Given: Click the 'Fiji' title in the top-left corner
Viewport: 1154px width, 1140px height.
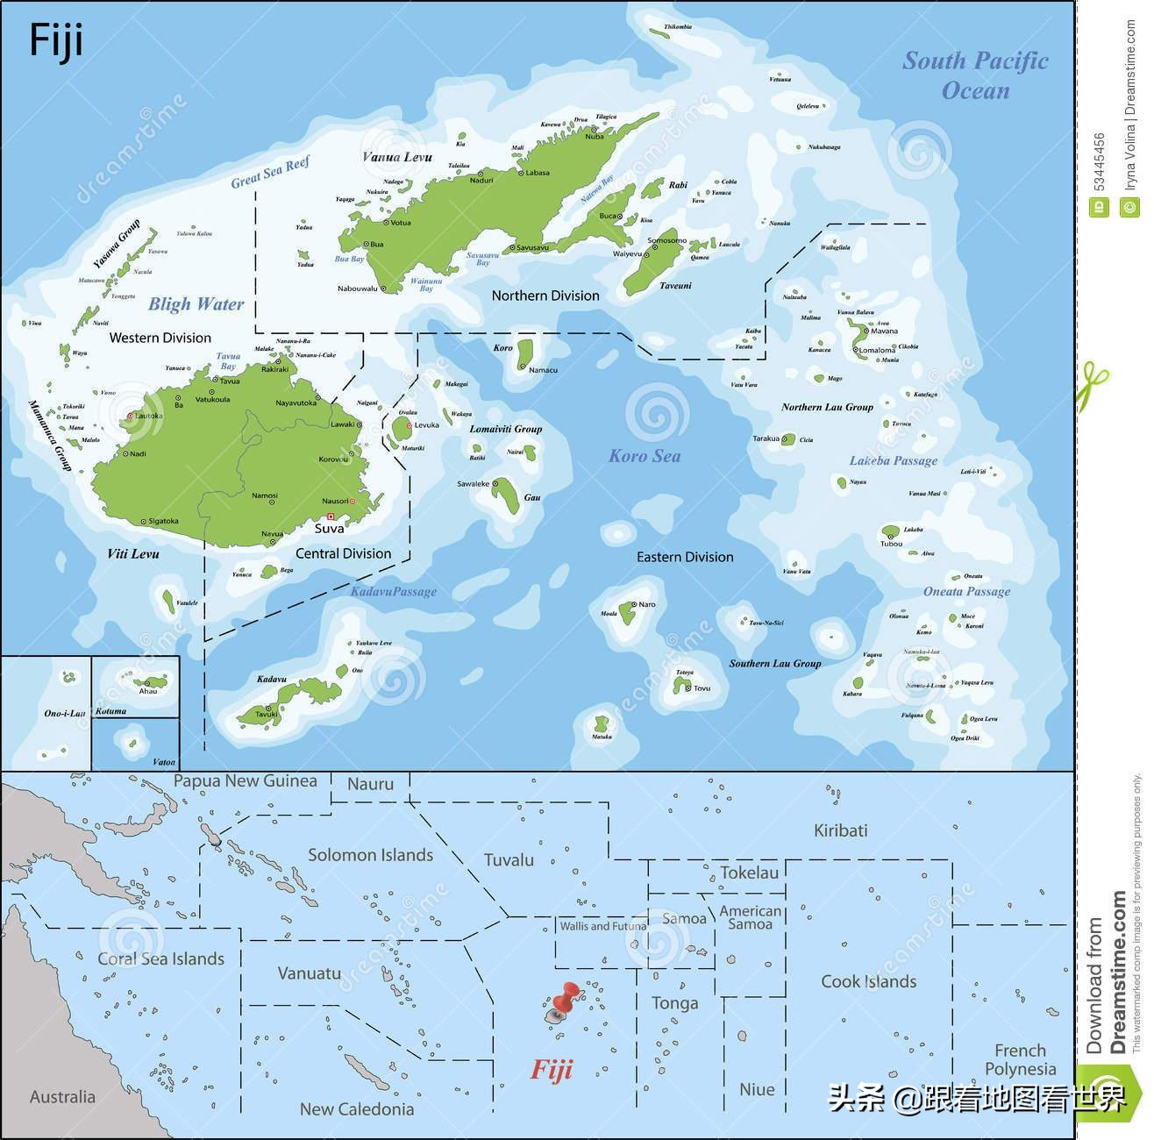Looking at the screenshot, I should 56,40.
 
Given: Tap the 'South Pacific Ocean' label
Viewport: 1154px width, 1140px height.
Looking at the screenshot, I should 975,75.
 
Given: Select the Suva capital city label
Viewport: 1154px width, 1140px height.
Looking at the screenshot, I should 330,528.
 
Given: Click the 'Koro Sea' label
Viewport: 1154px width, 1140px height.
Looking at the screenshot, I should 645,455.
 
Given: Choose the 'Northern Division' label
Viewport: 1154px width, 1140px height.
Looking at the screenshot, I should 545,296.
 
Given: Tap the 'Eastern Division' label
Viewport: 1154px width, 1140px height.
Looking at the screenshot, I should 685,557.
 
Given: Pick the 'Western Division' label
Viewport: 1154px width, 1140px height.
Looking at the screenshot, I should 160,338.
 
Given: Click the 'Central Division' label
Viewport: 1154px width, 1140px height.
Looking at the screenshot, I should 343,553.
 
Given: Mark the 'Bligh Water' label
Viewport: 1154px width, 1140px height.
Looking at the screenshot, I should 196,304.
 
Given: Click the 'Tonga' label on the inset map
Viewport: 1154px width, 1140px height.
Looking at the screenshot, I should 674,1003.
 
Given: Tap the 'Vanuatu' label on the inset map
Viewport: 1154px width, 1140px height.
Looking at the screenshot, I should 309,973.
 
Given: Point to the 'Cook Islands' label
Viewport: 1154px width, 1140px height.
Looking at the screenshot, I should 868,981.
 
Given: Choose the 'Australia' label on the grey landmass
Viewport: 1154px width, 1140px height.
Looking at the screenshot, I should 62,1096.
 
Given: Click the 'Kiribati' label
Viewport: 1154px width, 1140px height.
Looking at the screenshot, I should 840,830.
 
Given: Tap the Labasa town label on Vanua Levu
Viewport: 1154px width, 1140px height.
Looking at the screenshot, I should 537,173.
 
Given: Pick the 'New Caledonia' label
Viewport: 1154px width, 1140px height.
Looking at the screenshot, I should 356,1109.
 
